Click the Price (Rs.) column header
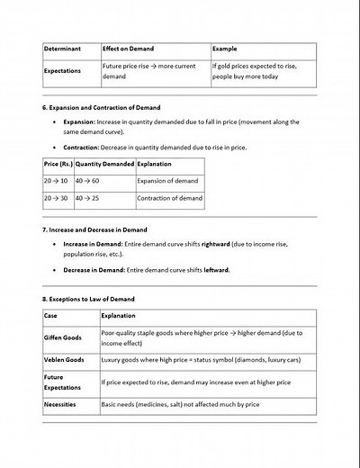(58, 165)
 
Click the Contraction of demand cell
(167, 197)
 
